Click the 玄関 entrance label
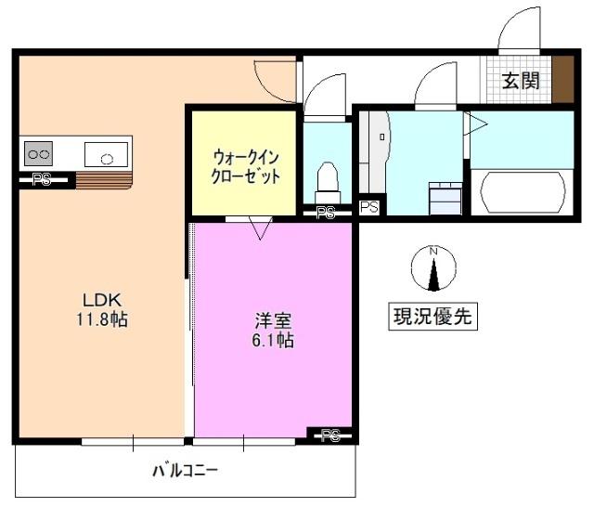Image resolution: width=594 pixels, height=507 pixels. [521, 81]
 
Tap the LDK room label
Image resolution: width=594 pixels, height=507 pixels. [103, 301]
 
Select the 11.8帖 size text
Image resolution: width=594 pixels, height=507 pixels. [103, 320]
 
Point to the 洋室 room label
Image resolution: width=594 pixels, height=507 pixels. [274, 321]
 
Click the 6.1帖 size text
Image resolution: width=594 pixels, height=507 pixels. [274, 341]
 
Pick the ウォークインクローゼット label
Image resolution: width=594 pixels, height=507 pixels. [245, 166]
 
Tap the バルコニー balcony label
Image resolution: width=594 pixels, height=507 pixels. [186, 471]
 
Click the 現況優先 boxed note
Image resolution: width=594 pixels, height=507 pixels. [432, 317]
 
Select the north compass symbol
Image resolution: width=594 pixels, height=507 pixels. [432, 268]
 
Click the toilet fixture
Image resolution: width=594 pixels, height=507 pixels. [327, 176]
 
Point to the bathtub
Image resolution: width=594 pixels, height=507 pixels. [520, 191]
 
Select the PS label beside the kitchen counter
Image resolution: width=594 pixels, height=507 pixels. [42, 180]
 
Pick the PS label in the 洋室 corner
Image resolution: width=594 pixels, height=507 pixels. [331, 434]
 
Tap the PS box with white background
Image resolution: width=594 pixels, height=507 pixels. [369, 207]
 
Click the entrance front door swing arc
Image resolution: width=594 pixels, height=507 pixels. [520, 28]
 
